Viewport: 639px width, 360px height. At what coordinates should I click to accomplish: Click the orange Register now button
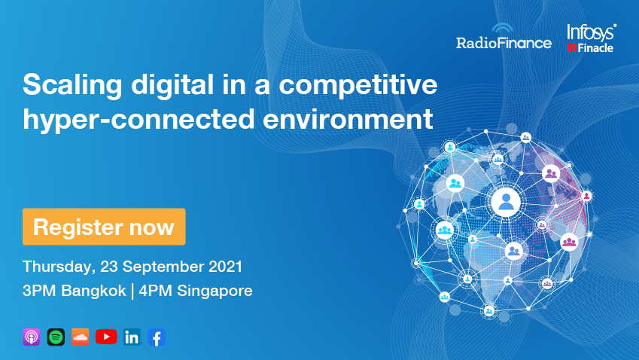[x=104, y=227]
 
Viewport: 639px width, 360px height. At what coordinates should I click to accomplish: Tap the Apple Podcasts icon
[x=32, y=337]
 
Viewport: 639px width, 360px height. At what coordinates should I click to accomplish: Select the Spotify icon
[x=56, y=337]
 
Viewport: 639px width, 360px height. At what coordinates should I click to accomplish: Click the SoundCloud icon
[x=81, y=337]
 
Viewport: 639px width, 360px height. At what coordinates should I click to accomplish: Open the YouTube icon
[x=106, y=337]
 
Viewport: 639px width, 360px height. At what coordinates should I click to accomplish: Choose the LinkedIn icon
[x=132, y=337]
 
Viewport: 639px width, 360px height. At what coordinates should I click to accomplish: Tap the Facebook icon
[x=157, y=337]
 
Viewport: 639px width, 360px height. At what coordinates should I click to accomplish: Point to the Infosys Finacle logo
[x=592, y=38]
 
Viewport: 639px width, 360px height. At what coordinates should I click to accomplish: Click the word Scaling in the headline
[x=72, y=86]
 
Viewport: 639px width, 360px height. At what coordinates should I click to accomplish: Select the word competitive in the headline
[x=358, y=85]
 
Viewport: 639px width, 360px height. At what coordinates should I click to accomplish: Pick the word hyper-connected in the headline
[x=139, y=120]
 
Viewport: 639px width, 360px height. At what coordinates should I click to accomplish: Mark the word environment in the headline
[x=348, y=120]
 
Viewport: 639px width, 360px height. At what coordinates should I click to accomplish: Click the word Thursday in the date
[x=59, y=267]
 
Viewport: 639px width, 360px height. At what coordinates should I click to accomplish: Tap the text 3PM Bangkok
[x=75, y=291]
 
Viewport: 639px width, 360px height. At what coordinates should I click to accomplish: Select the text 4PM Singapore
[x=196, y=291]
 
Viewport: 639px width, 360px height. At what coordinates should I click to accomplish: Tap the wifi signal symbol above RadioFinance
[x=503, y=28]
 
